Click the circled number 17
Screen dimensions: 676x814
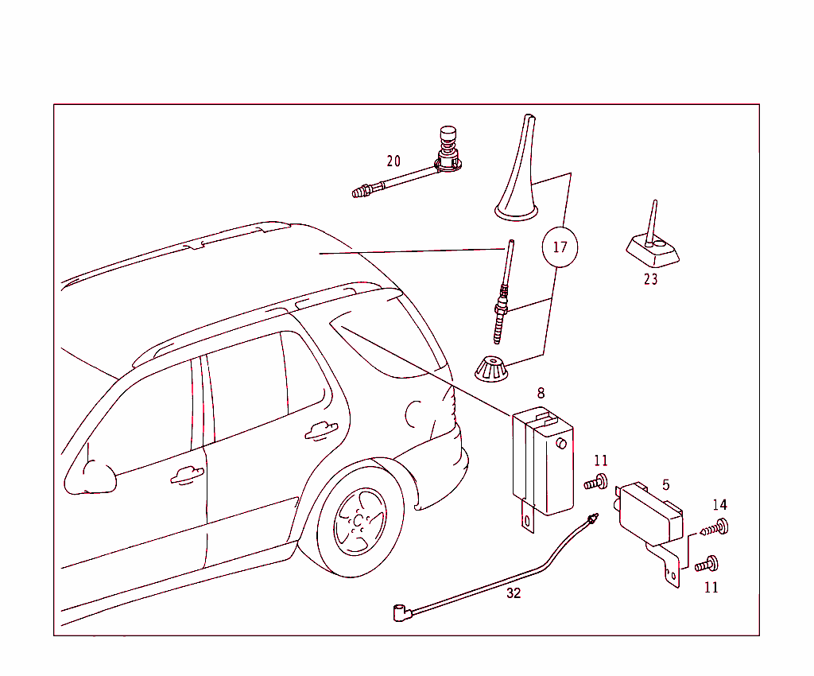click(560, 247)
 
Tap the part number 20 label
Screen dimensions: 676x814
click(393, 161)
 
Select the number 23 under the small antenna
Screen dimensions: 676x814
click(651, 279)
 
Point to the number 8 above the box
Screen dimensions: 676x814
click(541, 393)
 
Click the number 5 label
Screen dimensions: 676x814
click(665, 484)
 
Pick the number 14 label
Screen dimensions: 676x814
click(719, 505)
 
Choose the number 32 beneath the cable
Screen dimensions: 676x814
click(514, 593)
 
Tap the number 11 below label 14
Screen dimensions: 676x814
click(711, 588)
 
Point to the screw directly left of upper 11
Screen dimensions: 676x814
click(596, 481)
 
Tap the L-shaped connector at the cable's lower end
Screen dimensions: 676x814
click(400, 612)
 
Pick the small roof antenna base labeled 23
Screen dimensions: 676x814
click(653, 246)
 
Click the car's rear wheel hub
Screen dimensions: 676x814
click(360, 523)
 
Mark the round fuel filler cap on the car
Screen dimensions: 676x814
click(416, 414)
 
